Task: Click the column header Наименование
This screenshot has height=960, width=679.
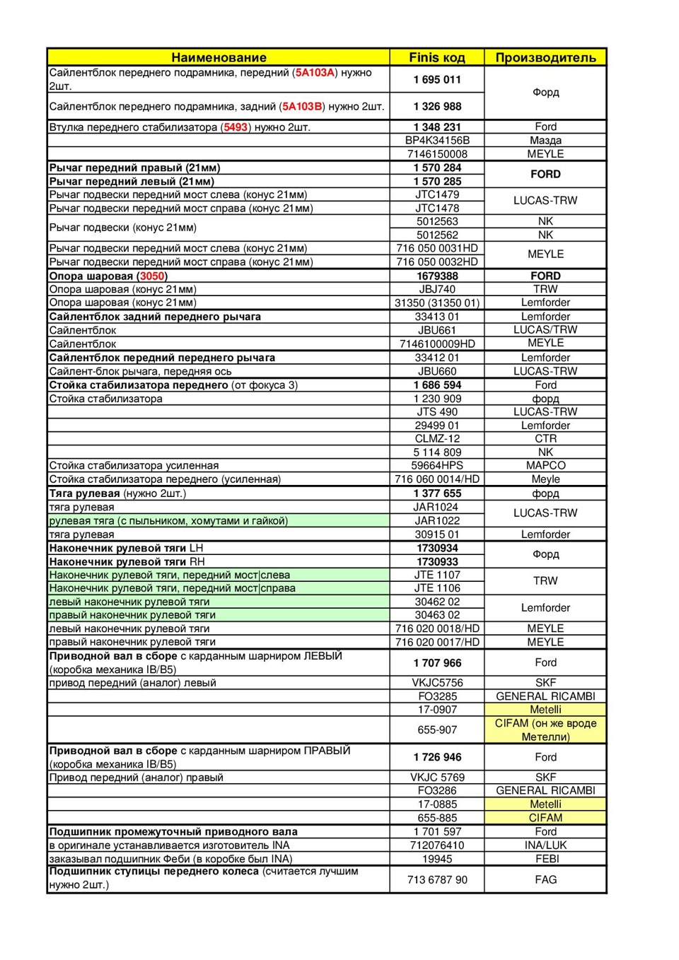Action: click(219, 58)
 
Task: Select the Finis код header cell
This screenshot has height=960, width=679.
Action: click(437, 58)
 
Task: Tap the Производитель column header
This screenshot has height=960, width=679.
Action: click(545, 58)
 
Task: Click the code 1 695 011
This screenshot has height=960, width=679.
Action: click(437, 80)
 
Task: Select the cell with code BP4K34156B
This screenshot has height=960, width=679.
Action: click(437, 141)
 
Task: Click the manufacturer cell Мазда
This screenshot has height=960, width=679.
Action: click(545, 141)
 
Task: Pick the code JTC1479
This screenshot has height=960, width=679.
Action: click(437, 194)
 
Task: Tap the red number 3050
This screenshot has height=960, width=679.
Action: click(152, 276)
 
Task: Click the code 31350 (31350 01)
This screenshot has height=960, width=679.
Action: click(437, 303)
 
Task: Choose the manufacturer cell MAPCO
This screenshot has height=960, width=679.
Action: click(545, 466)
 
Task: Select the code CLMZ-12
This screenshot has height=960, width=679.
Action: click(437, 439)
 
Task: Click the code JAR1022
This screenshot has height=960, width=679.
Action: click(437, 521)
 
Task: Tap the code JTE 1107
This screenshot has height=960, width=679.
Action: click(437, 575)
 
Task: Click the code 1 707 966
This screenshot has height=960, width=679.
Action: click(437, 663)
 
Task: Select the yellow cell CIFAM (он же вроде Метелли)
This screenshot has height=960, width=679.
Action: click(545, 730)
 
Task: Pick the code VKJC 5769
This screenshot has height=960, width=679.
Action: click(437, 778)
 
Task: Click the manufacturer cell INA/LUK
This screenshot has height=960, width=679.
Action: click(545, 845)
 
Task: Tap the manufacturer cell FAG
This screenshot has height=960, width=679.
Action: click(545, 880)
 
